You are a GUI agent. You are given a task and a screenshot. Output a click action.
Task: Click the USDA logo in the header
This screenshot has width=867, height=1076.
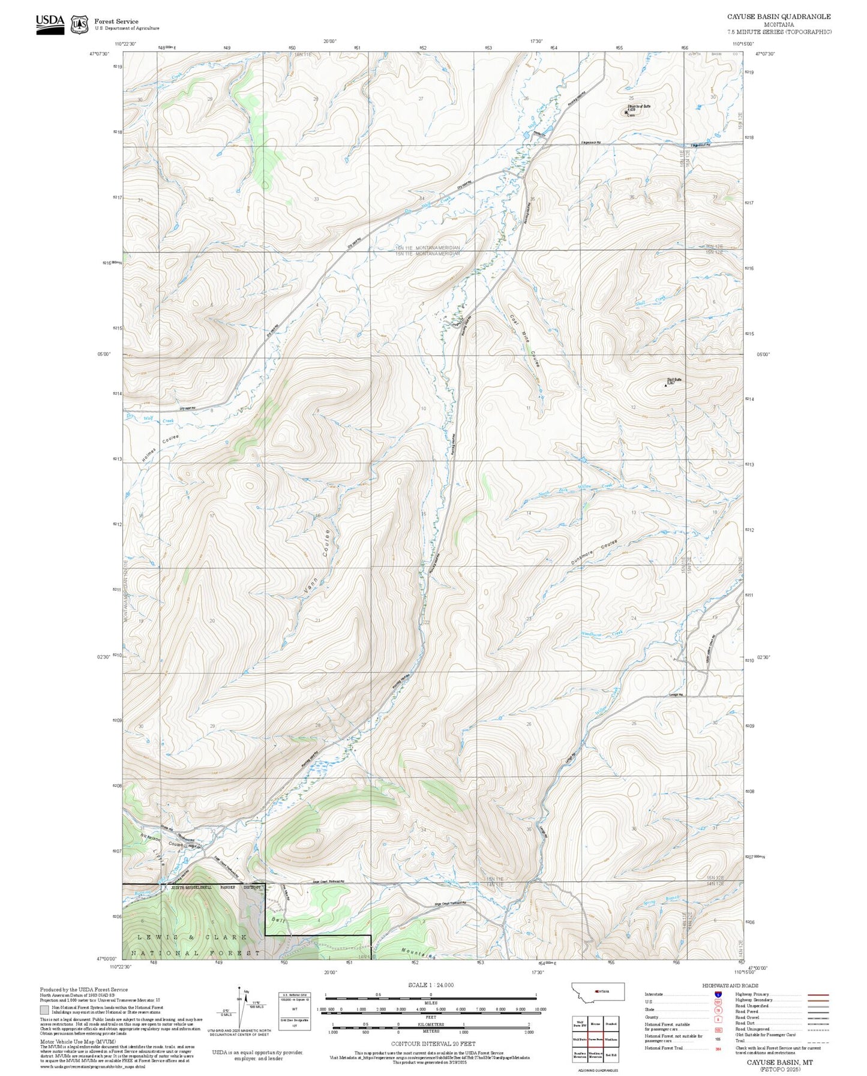click(50, 24)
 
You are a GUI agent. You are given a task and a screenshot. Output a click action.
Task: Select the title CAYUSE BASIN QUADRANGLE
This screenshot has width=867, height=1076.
click(779, 17)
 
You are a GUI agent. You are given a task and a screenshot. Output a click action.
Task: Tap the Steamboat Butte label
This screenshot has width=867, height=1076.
click(639, 106)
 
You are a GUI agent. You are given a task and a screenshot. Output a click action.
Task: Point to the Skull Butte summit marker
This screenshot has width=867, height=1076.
click(665, 386)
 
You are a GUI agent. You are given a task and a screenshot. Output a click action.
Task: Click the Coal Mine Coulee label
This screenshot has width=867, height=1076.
click(524, 341)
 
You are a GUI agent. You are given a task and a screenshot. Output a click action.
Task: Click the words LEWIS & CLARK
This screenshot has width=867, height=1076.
click(192, 937)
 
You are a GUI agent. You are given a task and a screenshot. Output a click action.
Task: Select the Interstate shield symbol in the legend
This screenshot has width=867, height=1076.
click(718, 994)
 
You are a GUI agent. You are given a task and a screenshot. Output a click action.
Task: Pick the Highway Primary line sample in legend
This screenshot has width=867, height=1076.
click(818, 994)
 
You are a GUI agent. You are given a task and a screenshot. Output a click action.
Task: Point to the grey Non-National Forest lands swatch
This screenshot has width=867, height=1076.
click(44, 1009)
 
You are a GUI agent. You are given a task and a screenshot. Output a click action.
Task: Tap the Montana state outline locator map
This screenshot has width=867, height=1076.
click(598, 991)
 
